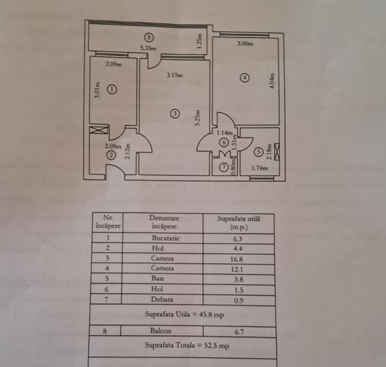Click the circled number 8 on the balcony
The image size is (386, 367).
148,37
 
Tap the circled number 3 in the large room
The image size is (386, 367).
175,113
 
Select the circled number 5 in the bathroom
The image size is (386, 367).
258,152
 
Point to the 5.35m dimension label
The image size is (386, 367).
148,48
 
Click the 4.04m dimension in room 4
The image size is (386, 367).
272,81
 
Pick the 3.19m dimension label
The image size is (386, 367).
175,75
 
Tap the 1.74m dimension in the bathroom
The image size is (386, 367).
260,168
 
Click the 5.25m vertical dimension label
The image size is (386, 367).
197,118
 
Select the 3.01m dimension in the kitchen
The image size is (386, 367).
98,90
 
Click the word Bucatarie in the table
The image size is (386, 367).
166,238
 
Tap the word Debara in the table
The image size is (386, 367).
162,299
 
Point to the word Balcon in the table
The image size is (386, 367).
161,330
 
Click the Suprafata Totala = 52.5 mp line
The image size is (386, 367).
187,345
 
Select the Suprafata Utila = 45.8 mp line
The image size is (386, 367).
184,314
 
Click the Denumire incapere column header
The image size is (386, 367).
164,222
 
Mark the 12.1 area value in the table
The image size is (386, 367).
237,269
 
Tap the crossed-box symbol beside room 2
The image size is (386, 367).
99,130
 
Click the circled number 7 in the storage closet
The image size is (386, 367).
224,168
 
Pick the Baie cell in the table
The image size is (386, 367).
158,278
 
